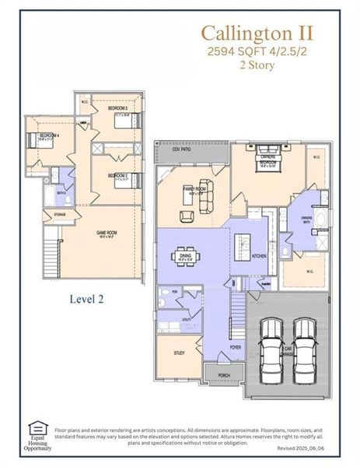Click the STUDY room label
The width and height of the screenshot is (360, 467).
178,353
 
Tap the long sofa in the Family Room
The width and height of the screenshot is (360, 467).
206,201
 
